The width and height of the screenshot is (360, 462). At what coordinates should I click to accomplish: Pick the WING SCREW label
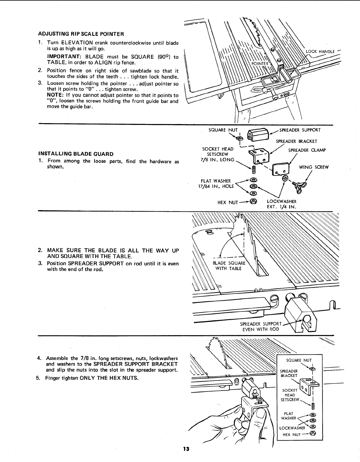(x=314, y=167)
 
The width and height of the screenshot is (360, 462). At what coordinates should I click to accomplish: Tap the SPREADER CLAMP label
(x=307, y=150)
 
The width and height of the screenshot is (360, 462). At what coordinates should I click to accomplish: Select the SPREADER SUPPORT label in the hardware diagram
(x=300, y=130)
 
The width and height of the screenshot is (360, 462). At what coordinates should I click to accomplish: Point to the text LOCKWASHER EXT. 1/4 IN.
(x=281, y=204)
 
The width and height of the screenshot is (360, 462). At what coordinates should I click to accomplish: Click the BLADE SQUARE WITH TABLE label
(x=229, y=266)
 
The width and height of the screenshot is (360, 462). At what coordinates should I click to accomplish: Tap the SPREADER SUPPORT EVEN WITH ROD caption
(x=261, y=326)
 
